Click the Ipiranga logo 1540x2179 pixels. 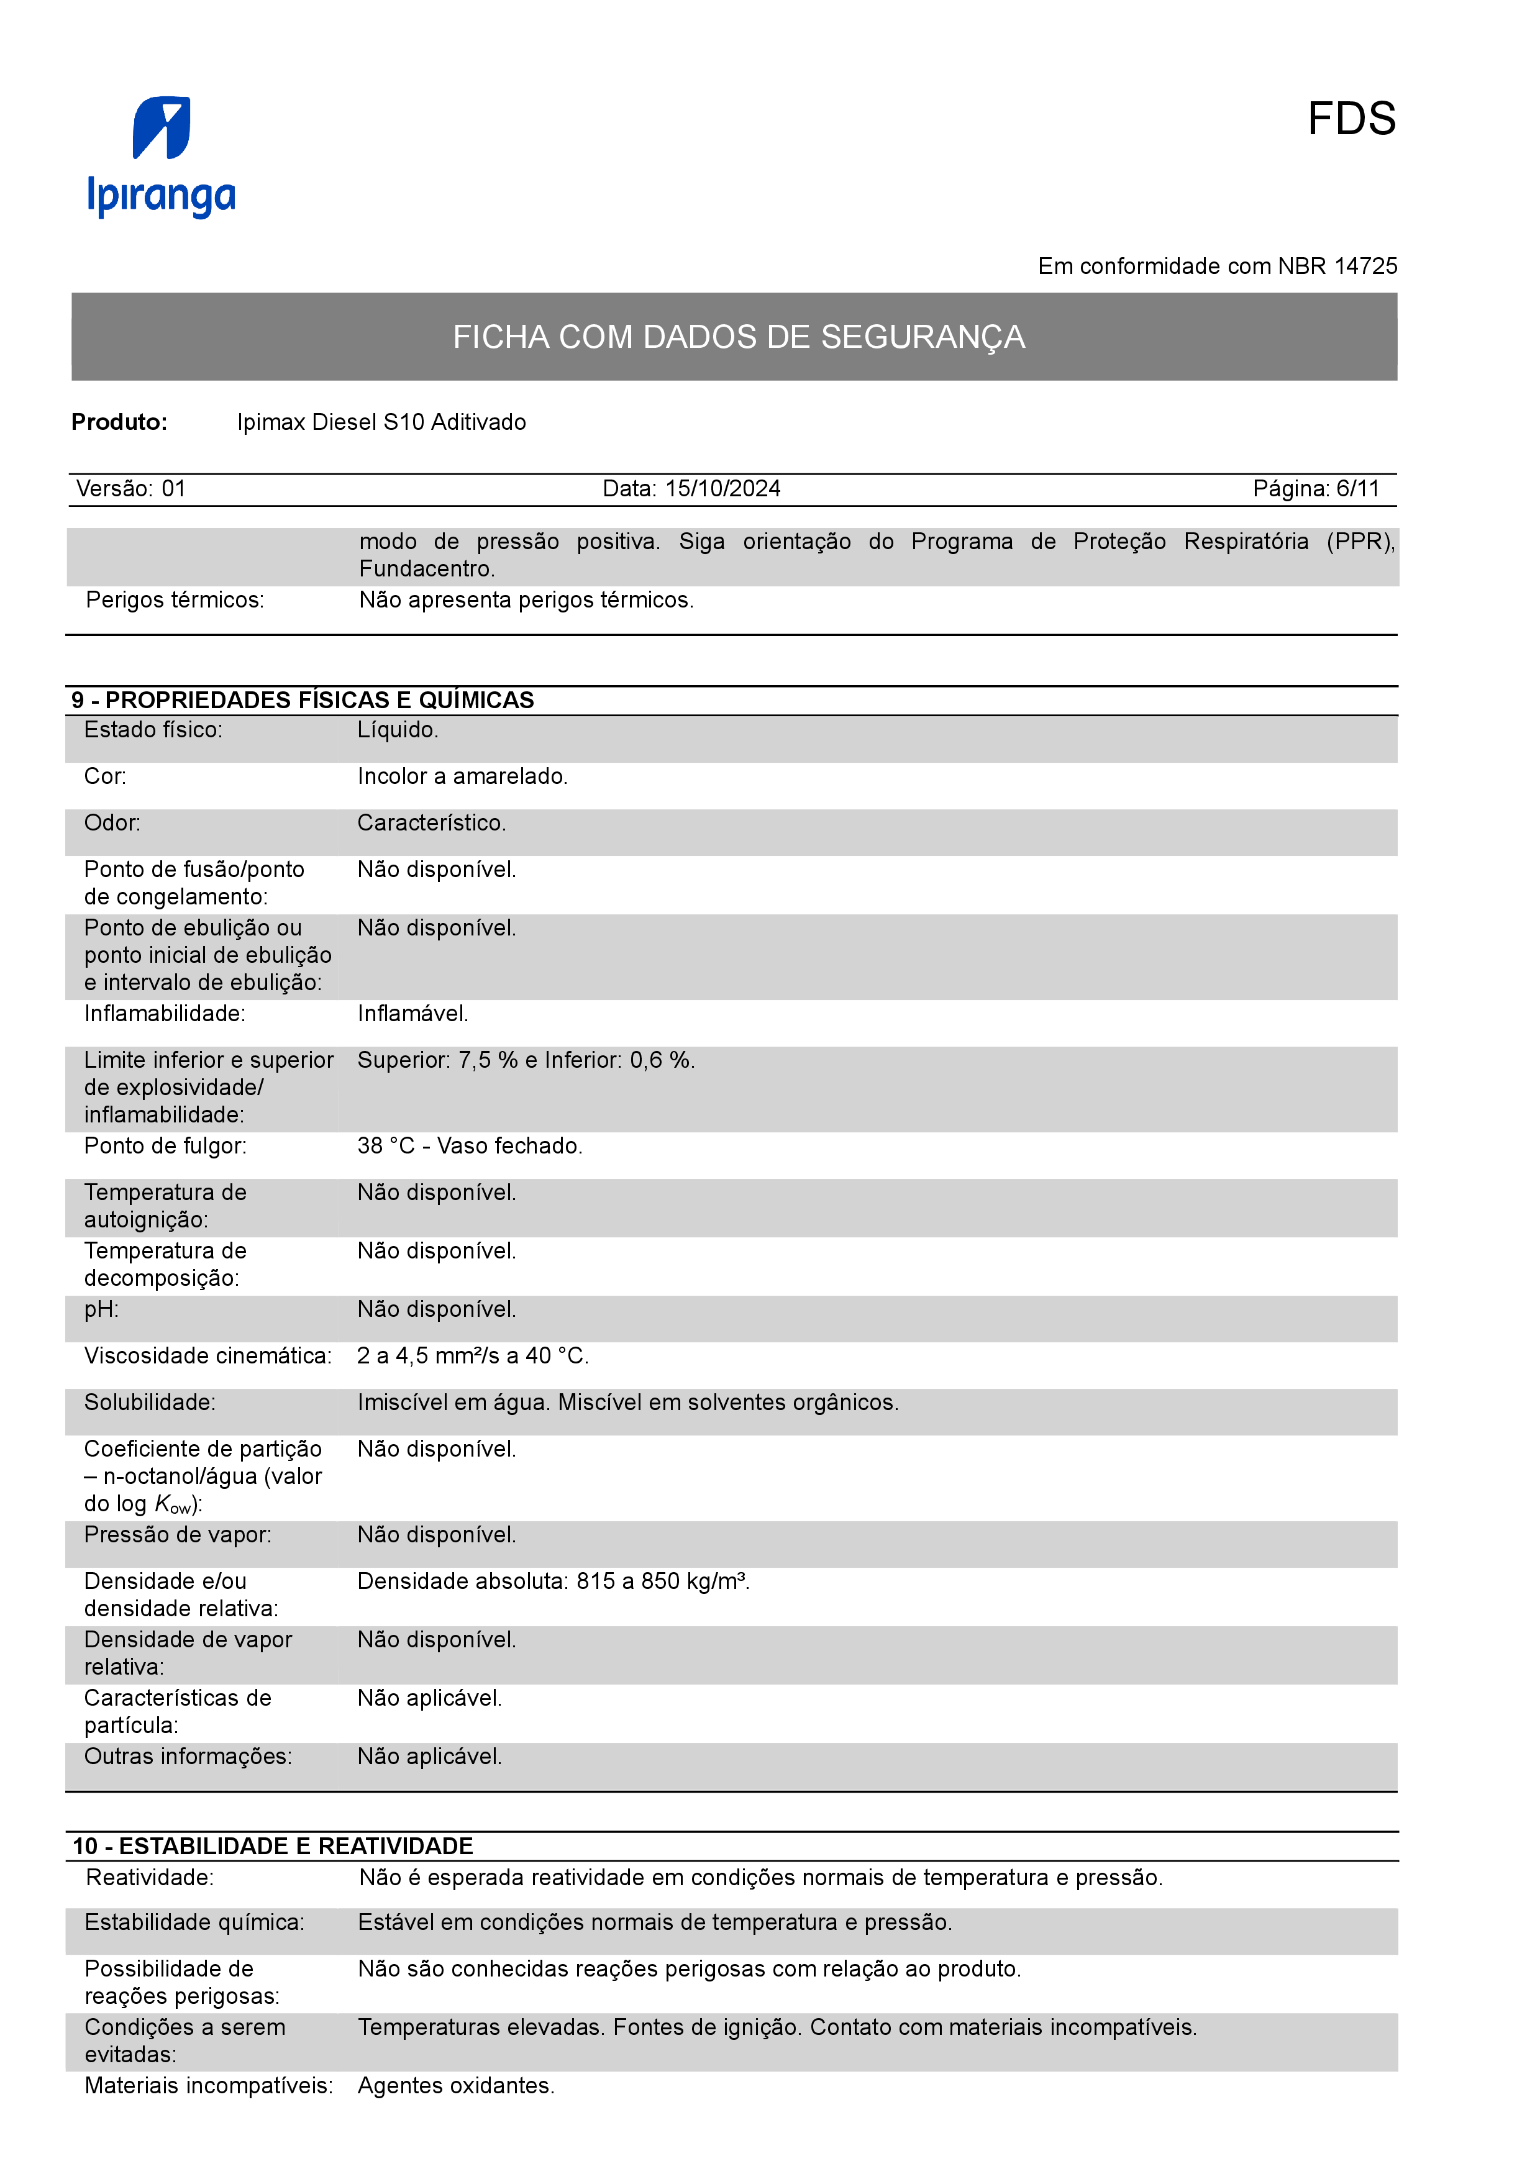[x=162, y=157]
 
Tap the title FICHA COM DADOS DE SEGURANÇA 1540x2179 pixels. [x=738, y=337]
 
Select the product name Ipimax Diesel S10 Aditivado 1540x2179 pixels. [x=381, y=422]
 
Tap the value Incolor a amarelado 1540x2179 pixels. [x=462, y=776]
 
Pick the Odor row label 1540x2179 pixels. [x=112, y=823]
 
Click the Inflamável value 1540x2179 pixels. [x=412, y=1014]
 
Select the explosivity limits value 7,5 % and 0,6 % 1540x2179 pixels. [x=526, y=1060]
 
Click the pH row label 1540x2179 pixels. [x=101, y=1309]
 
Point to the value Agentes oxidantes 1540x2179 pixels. [x=455, y=2085]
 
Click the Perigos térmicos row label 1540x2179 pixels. [x=175, y=600]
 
